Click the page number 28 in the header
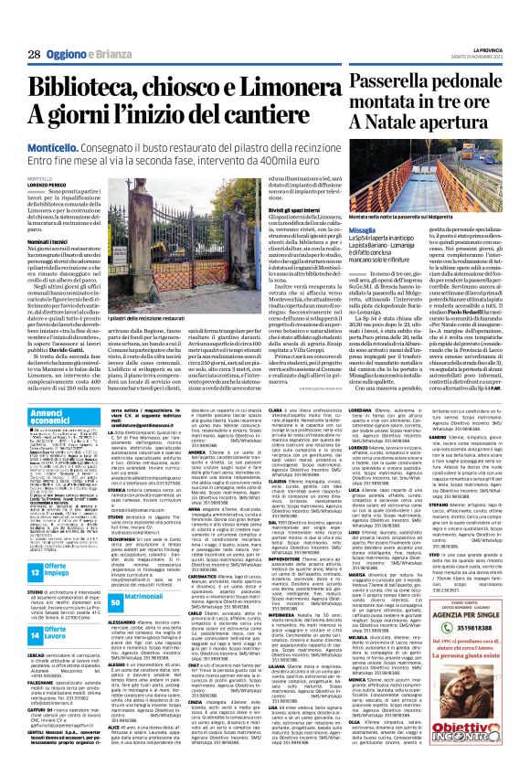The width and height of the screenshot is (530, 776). pyautogui.click(x=34, y=55)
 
